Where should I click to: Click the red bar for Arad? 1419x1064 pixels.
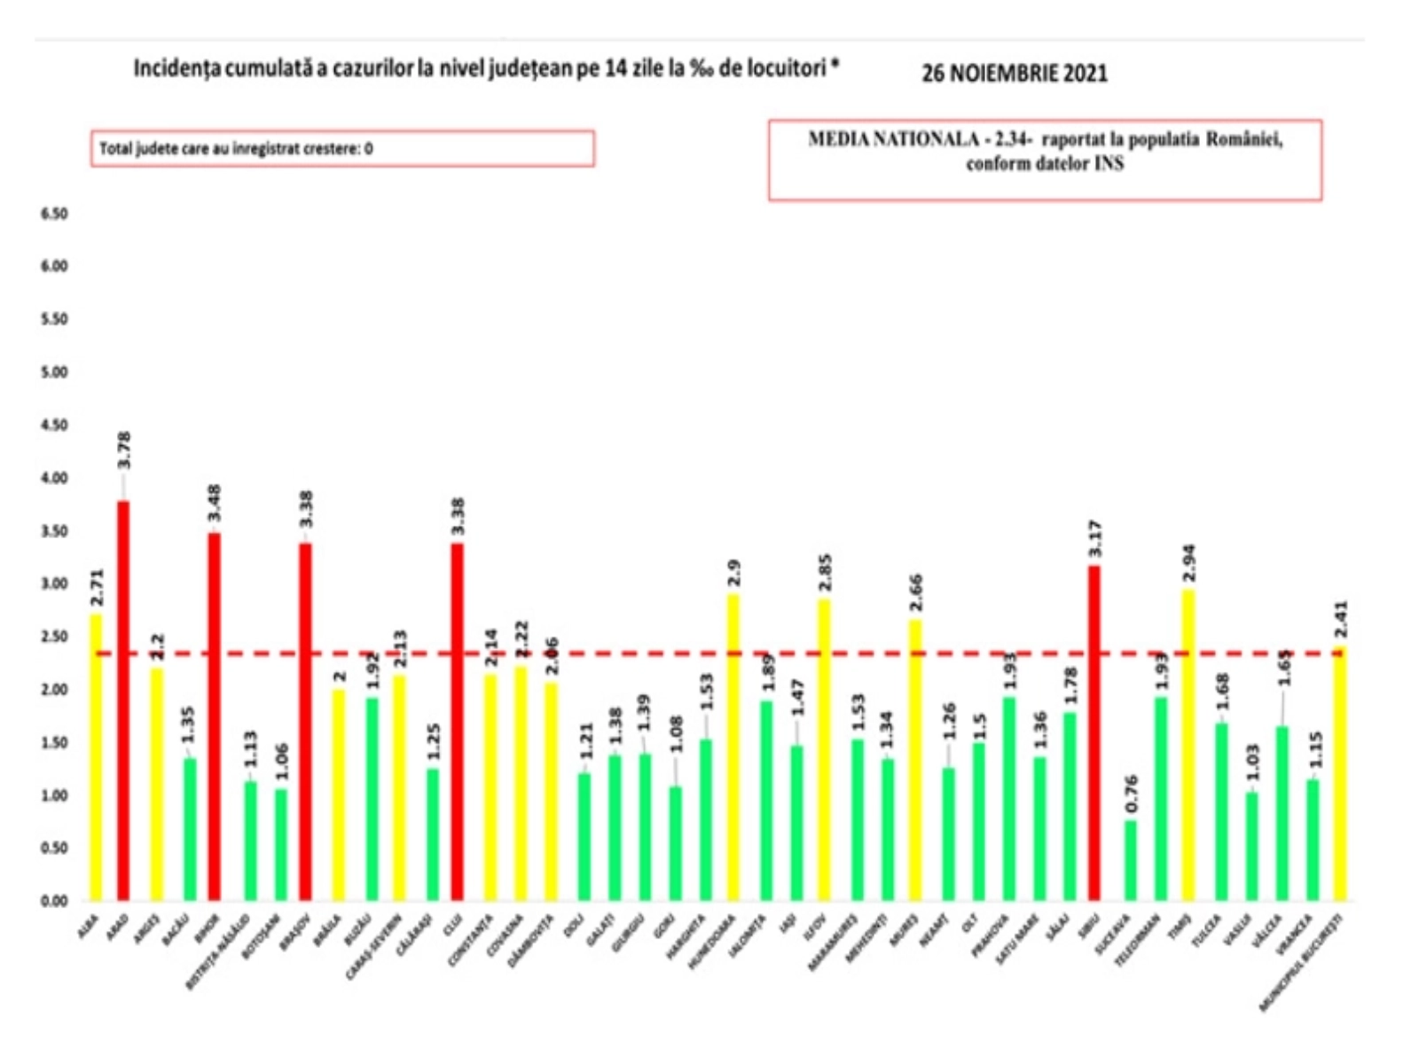pyautogui.click(x=123, y=700)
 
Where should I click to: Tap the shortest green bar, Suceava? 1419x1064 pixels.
pyautogui.click(x=1130, y=860)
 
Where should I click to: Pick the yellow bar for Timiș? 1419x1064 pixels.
pyautogui.click(x=1189, y=745)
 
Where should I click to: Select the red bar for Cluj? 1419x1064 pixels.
pyautogui.click(x=458, y=722)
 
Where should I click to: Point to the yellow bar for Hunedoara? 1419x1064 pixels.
pyautogui.click(x=733, y=747)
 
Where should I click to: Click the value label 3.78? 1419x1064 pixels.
pyautogui.click(x=124, y=450)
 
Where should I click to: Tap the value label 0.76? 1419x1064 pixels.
pyautogui.click(x=1131, y=794)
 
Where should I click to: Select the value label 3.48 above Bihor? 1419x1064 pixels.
pyautogui.click(x=215, y=503)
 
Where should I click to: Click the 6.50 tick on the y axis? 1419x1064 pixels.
pyautogui.click(x=54, y=215)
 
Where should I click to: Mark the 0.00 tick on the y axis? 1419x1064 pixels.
pyautogui.click(x=54, y=902)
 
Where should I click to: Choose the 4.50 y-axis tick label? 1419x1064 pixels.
pyautogui.click(x=54, y=426)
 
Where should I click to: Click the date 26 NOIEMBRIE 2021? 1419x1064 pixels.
pyautogui.click(x=1015, y=73)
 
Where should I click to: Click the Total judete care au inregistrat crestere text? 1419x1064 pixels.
pyautogui.click(x=236, y=149)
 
